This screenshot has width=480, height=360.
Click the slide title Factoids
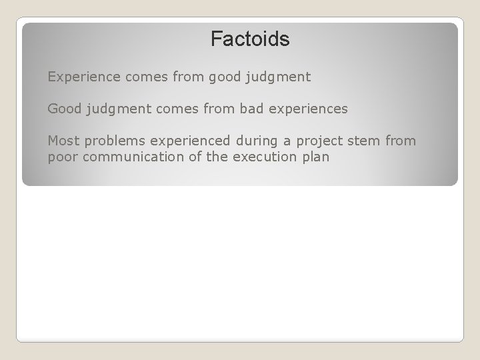[x=250, y=39]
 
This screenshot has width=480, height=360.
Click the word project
[x=314, y=141]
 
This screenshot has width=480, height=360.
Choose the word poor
[x=62, y=158]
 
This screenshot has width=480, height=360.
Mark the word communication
[x=126, y=157]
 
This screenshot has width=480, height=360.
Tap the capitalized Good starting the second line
[x=63, y=108]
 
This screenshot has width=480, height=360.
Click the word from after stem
[x=401, y=141]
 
